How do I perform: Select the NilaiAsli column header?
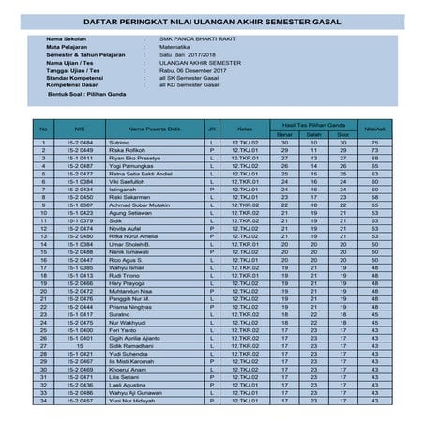click(x=375, y=128)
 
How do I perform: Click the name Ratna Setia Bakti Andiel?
click(x=141, y=174)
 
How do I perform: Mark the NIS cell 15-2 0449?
click(x=80, y=150)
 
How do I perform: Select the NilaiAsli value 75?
click(x=375, y=143)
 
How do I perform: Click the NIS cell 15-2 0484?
click(x=80, y=143)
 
